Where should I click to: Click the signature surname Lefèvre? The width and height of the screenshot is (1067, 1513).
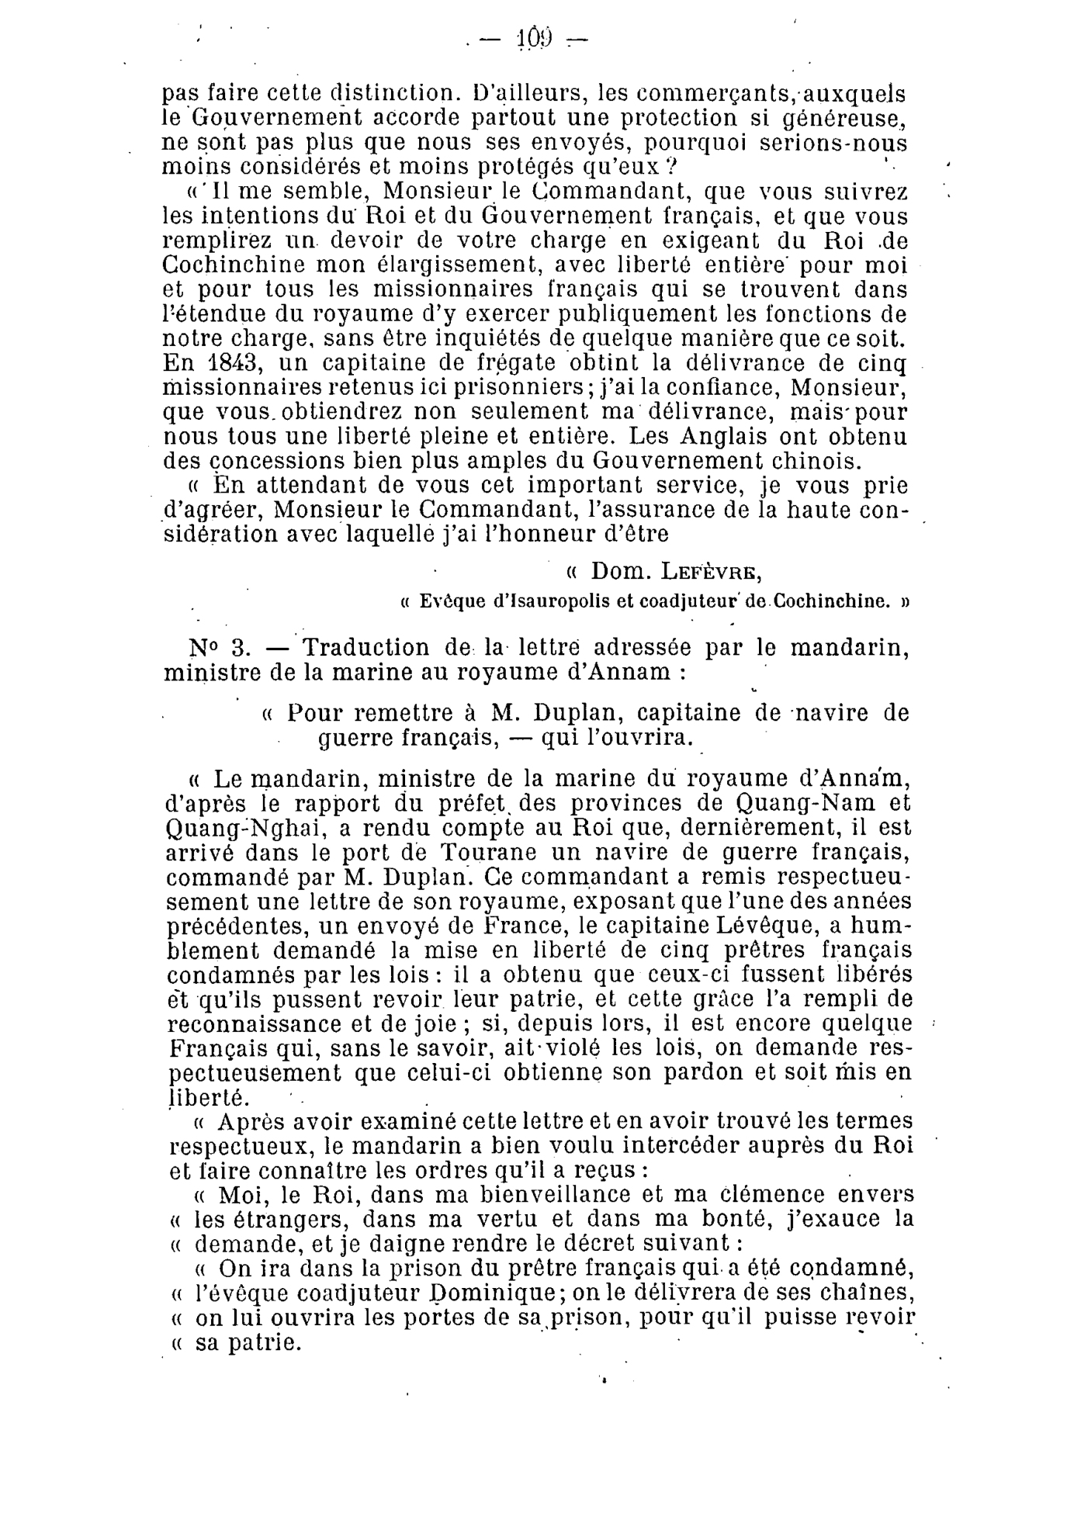tap(711, 572)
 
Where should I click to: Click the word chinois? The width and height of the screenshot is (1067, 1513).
tap(816, 461)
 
